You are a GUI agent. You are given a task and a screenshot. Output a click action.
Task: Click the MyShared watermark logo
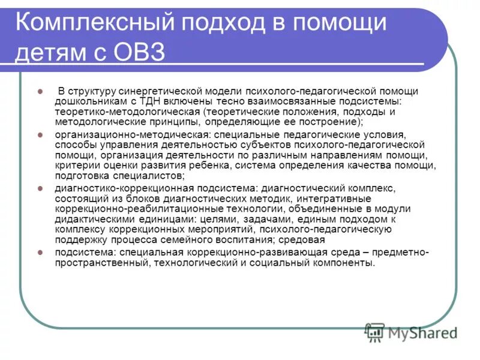tap(412, 332)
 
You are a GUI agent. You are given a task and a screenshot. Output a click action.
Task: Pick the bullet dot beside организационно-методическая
tap(40, 135)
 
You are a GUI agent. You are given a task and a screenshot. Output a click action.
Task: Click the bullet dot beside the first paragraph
tap(40, 91)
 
